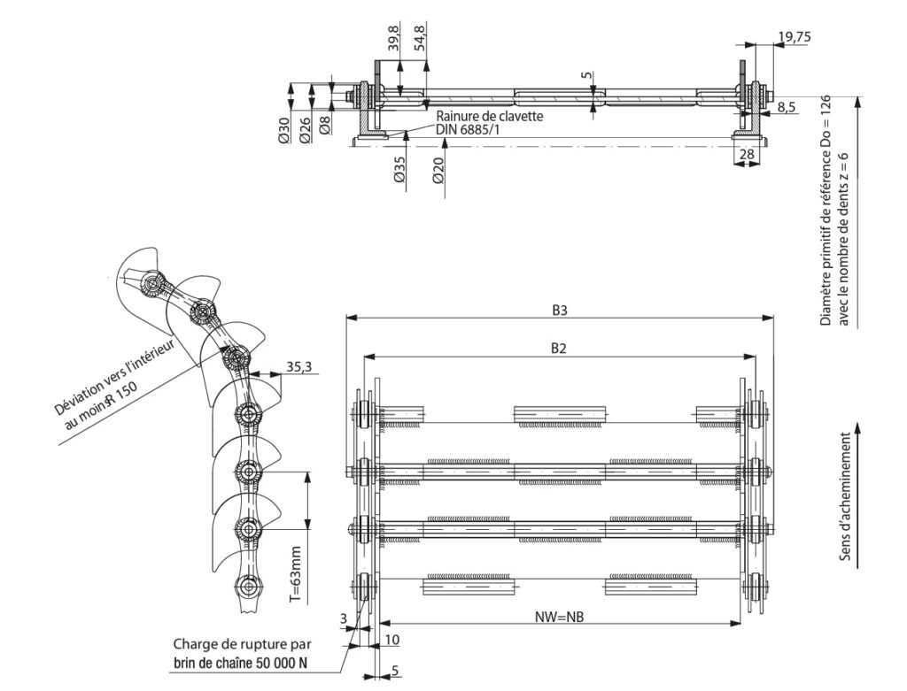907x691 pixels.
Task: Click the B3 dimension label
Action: (x=559, y=311)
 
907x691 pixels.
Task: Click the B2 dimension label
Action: (x=559, y=349)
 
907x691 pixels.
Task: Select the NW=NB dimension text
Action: (x=560, y=615)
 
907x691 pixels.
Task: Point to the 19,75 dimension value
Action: (x=793, y=36)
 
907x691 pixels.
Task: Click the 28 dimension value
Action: (x=746, y=155)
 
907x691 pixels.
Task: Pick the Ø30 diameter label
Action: (x=283, y=131)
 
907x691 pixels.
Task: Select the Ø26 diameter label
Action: (x=305, y=131)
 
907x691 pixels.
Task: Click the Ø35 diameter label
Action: (x=399, y=169)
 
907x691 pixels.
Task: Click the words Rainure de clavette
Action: (x=490, y=116)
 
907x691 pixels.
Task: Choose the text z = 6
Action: (x=844, y=166)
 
